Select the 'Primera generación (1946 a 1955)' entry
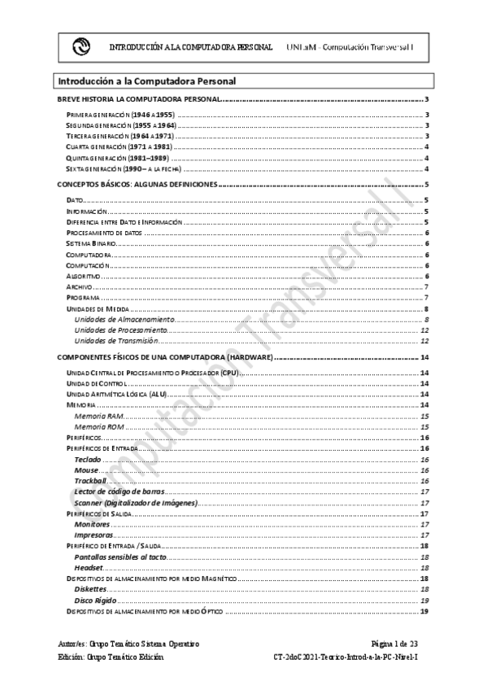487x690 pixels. click(120, 116)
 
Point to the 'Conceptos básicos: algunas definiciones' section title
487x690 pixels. click(137, 186)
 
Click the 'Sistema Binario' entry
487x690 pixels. click(91, 243)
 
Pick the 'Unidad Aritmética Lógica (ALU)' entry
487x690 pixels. click(115, 394)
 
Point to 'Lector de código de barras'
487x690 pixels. click(119, 492)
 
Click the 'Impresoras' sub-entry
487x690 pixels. click(93, 536)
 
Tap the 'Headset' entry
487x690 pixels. click(88, 567)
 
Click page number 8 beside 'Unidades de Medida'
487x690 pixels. click(426, 309)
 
